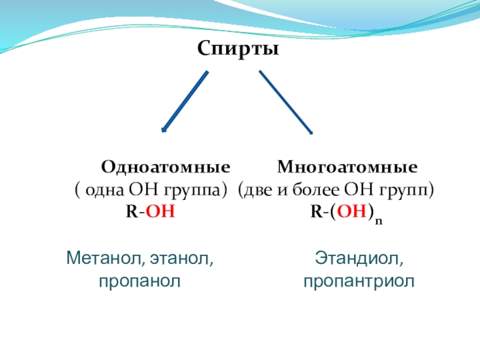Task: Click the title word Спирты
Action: tap(238, 49)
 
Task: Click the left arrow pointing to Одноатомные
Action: tap(185, 101)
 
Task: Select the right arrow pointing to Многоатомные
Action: tap(286, 102)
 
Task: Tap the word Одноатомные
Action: tap(165, 166)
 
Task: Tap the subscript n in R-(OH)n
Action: tap(379, 220)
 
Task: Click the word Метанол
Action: tap(100, 259)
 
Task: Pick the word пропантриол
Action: tap(359, 281)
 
